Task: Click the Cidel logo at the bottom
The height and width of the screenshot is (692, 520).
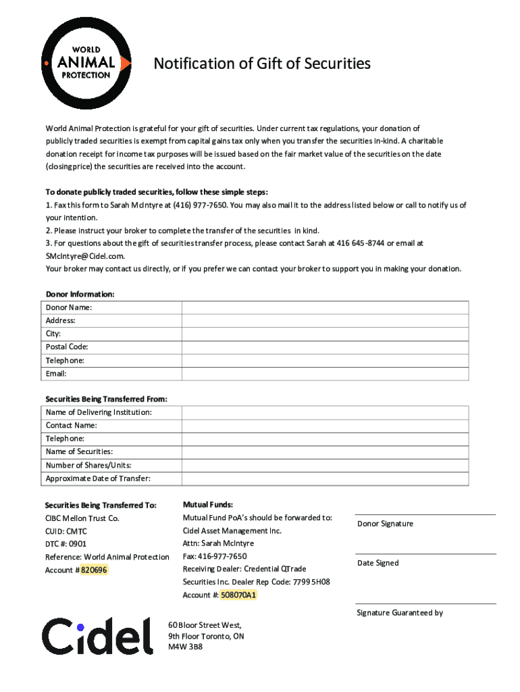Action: click(x=97, y=635)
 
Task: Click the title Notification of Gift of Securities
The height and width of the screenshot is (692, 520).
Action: click(x=262, y=64)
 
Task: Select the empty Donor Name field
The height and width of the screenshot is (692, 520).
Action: click(x=325, y=307)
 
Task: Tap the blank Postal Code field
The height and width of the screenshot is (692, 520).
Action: click(x=325, y=347)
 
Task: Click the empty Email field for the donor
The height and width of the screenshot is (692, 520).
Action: click(x=325, y=374)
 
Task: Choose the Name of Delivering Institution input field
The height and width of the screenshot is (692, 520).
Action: click(x=325, y=412)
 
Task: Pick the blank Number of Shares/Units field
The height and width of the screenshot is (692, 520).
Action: click(x=325, y=465)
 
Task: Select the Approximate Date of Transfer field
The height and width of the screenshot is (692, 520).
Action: click(x=325, y=478)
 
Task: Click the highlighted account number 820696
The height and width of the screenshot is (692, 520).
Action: click(x=94, y=570)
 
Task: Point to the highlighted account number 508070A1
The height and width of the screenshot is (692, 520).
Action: click(x=238, y=595)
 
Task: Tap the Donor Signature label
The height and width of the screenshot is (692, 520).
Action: click(x=385, y=524)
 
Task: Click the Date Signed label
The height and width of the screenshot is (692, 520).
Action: click(x=378, y=563)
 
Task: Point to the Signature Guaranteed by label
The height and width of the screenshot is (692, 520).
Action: click(x=400, y=613)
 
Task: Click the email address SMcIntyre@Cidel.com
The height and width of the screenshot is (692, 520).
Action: click(x=85, y=256)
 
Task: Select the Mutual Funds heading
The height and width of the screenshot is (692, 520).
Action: click(x=208, y=505)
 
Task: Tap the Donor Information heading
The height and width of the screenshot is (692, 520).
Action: click(x=80, y=294)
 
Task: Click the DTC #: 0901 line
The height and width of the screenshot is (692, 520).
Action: click(x=66, y=544)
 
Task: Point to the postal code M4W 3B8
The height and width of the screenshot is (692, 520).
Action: click(x=185, y=647)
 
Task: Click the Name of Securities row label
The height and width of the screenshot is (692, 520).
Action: click(x=79, y=451)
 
